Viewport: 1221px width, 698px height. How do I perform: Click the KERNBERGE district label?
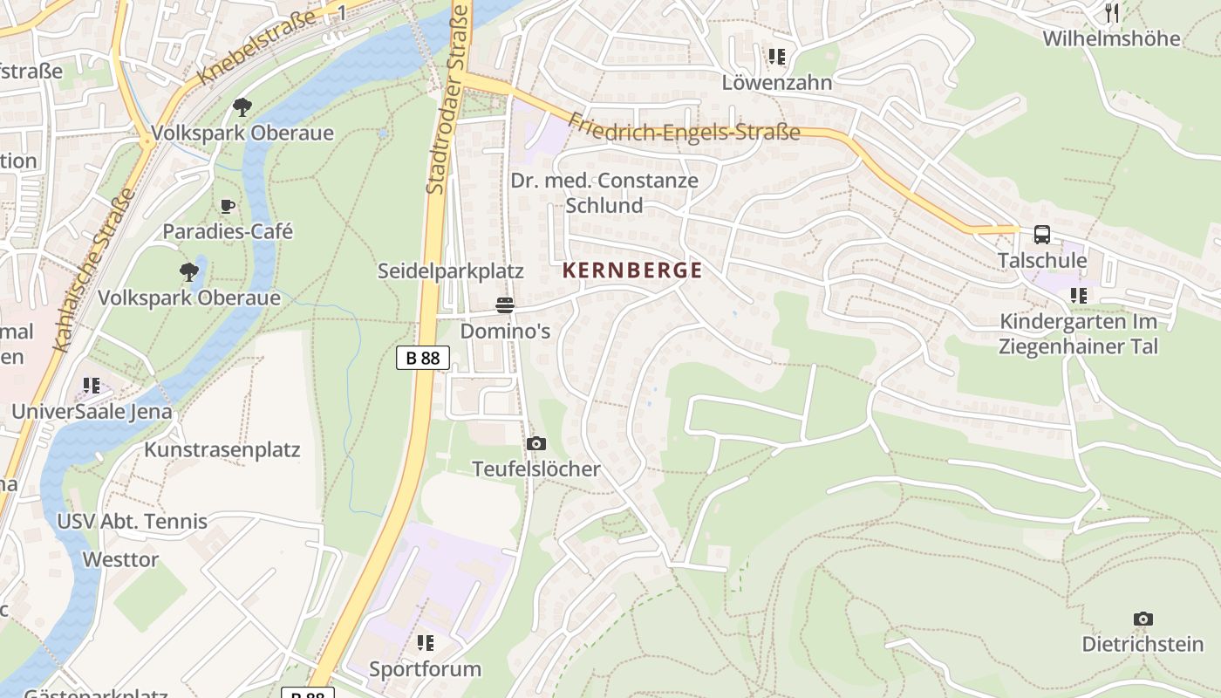point(632,270)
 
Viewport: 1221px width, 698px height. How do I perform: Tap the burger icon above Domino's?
point(505,305)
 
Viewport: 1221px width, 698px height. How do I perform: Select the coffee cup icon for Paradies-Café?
point(228,207)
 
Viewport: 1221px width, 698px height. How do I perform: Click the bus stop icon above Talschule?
point(1042,234)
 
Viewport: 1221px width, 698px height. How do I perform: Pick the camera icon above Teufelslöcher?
point(536,443)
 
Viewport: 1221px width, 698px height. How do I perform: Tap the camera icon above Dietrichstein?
point(1143,619)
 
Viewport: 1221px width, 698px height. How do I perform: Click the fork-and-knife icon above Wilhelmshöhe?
point(1112,12)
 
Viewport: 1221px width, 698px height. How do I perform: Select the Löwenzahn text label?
point(777,82)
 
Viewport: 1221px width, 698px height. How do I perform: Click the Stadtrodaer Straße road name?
point(447,98)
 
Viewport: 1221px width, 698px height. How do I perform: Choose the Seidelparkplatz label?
point(450,271)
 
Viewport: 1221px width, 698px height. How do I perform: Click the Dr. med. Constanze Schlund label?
point(604,193)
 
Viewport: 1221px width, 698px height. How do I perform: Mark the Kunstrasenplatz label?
point(222,450)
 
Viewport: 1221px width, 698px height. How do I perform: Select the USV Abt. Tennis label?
point(132,522)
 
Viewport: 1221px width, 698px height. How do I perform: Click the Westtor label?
point(120,559)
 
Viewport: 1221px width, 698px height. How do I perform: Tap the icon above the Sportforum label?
point(425,643)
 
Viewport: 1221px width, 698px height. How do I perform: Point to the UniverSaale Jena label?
point(92,411)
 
